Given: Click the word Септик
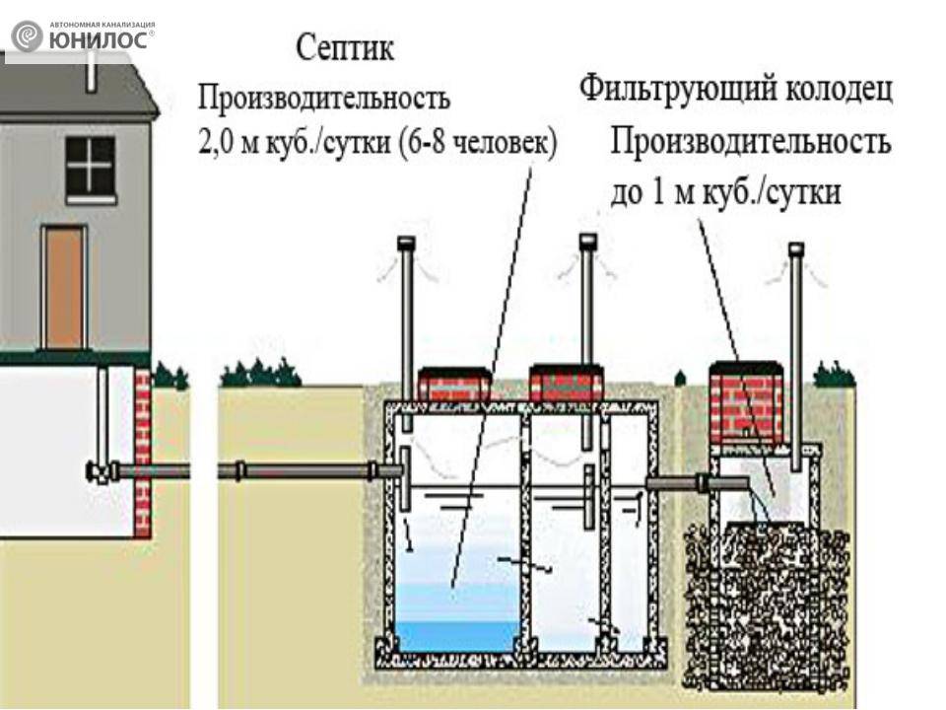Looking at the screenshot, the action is [345, 49].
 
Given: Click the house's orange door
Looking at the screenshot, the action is [63, 287].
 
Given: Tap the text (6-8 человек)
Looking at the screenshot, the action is [478, 145].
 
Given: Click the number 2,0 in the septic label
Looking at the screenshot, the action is [215, 146].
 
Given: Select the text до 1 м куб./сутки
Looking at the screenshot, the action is [725, 192].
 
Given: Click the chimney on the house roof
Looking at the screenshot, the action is [91, 70].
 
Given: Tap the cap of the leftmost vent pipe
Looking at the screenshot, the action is [407, 244].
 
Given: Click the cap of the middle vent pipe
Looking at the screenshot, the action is [587, 242].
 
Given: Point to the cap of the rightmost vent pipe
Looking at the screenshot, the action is [796, 249].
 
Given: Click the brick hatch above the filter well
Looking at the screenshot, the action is [746, 402].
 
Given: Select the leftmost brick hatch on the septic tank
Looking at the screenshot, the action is [453, 384].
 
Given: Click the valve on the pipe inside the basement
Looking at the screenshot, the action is [101, 471].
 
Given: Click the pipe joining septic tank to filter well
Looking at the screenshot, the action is [697, 483].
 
